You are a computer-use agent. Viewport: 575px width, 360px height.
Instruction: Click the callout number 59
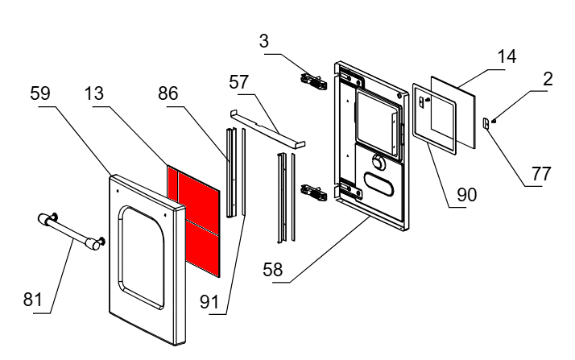coord(39,94)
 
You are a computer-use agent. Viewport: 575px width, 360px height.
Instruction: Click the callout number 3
coord(264,40)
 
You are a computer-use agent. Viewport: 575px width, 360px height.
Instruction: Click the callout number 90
coord(467,193)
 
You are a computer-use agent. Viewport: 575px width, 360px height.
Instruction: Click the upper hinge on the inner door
coord(312,80)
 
